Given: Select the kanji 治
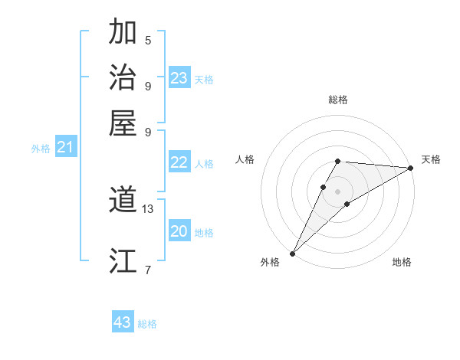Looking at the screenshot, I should pos(123,77).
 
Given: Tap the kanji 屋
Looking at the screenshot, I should pos(123,122).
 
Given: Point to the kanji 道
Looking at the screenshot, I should pos(123,201).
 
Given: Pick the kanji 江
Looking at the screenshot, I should pos(123,261).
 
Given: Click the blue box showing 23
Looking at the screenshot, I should pos(179,78).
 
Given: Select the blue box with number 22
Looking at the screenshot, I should pos(179,162).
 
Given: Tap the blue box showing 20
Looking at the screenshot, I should pos(179,231).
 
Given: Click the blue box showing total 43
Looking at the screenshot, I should pos(123,322).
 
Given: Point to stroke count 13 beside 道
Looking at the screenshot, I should pos(148,208).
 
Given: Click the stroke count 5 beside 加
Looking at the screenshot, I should pos(148,40).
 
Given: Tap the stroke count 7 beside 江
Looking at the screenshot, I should pos(148,269).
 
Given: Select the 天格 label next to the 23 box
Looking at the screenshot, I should pos(204,80).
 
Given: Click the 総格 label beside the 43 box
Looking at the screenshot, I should pos(147,324).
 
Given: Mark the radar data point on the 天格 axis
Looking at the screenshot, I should pos(411,168).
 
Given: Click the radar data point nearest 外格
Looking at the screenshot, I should pos(292,254).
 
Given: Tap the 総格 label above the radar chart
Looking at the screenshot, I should pos(337,100).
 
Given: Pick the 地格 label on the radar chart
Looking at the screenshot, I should pos(402,263).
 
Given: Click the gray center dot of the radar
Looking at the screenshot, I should pos(337,191).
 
